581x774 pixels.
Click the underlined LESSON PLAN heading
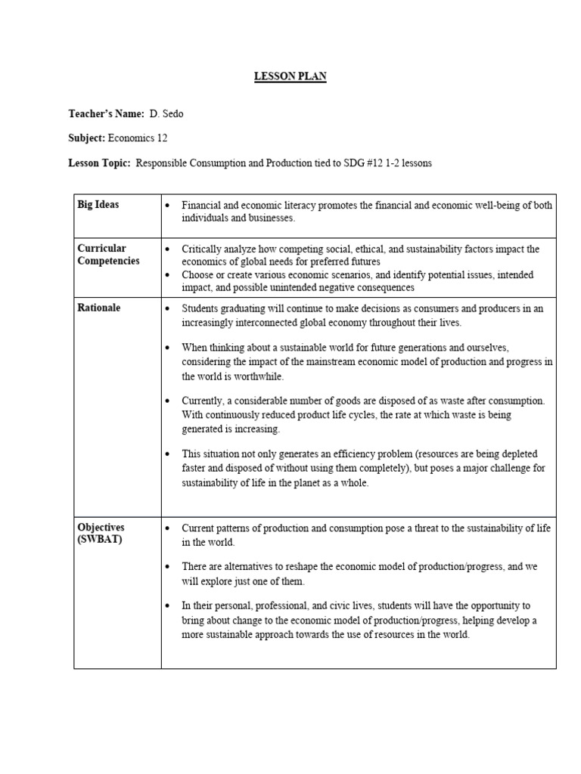(290, 77)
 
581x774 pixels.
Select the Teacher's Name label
(106, 113)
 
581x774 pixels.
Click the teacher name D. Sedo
(167, 113)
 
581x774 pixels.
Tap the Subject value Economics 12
(138, 138)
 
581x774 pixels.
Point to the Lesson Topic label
(99, 163)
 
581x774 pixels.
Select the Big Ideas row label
(98, 205)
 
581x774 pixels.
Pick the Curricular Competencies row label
(108, 254)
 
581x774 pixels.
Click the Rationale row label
(99, 308)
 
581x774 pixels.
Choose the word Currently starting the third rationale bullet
(204, 401)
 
